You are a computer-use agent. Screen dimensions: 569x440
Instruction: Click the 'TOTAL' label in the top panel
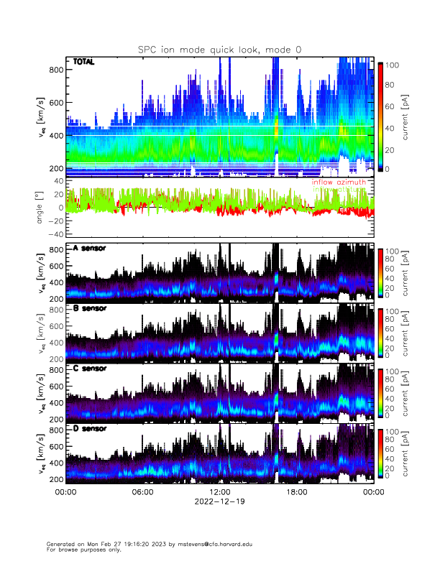click(84, 63)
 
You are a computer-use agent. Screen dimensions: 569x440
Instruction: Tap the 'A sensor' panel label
click(90, 249)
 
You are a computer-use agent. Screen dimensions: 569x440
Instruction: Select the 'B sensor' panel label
click(90, 308)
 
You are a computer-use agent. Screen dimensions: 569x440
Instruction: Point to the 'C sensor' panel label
click(90, 369)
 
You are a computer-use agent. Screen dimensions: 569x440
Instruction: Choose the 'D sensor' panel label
click(90, 428)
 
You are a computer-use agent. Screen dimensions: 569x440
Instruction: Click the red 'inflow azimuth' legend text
click(339, 182)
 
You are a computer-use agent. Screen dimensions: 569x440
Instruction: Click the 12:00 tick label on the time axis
click(219, 492)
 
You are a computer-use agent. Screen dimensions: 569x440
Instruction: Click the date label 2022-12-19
click(219, 501)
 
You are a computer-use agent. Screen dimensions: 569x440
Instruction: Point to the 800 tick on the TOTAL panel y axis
click(57, 70)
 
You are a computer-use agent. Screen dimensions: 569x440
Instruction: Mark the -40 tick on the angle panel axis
click(55, 234)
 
